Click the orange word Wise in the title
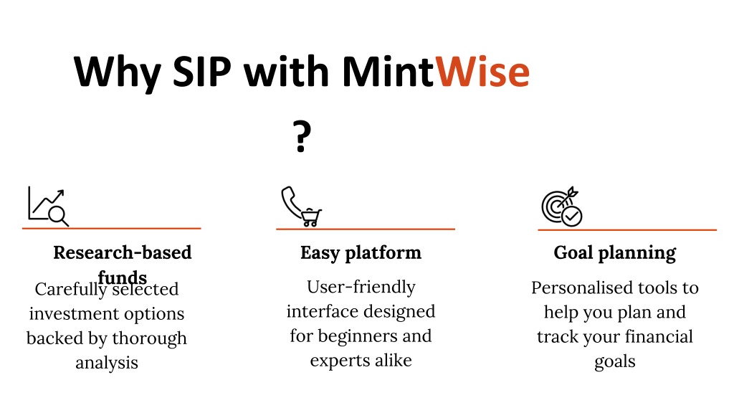pyautogui.click(x=482, y=72)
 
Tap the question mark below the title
pyautogui.click(x=302, y=136)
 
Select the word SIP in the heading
pyautogui.click(x=201, y=72)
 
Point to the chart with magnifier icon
pyautogui.click(x=48, y=206)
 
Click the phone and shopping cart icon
pyautogui.click(x=302, y=206)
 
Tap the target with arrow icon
pyautogui.click(x=562, y=206)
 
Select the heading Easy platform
pyautogui.click(x=361, y=253)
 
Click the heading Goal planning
pyautogui.click(x=614, y=253)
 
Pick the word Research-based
pyautogui.click(x=122, y=252)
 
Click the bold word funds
pyautogui.click(x=122, y=277)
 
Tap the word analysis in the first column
pyautogui.click(x=107, y=362)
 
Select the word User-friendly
pyautogui.click(x=361, y=287)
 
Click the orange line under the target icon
pyautogui.click(x=627, y=230)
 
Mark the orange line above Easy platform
pyautogui.click(x=366, y=229)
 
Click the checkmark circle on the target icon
pyautogui.click(x=571, y=217)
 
